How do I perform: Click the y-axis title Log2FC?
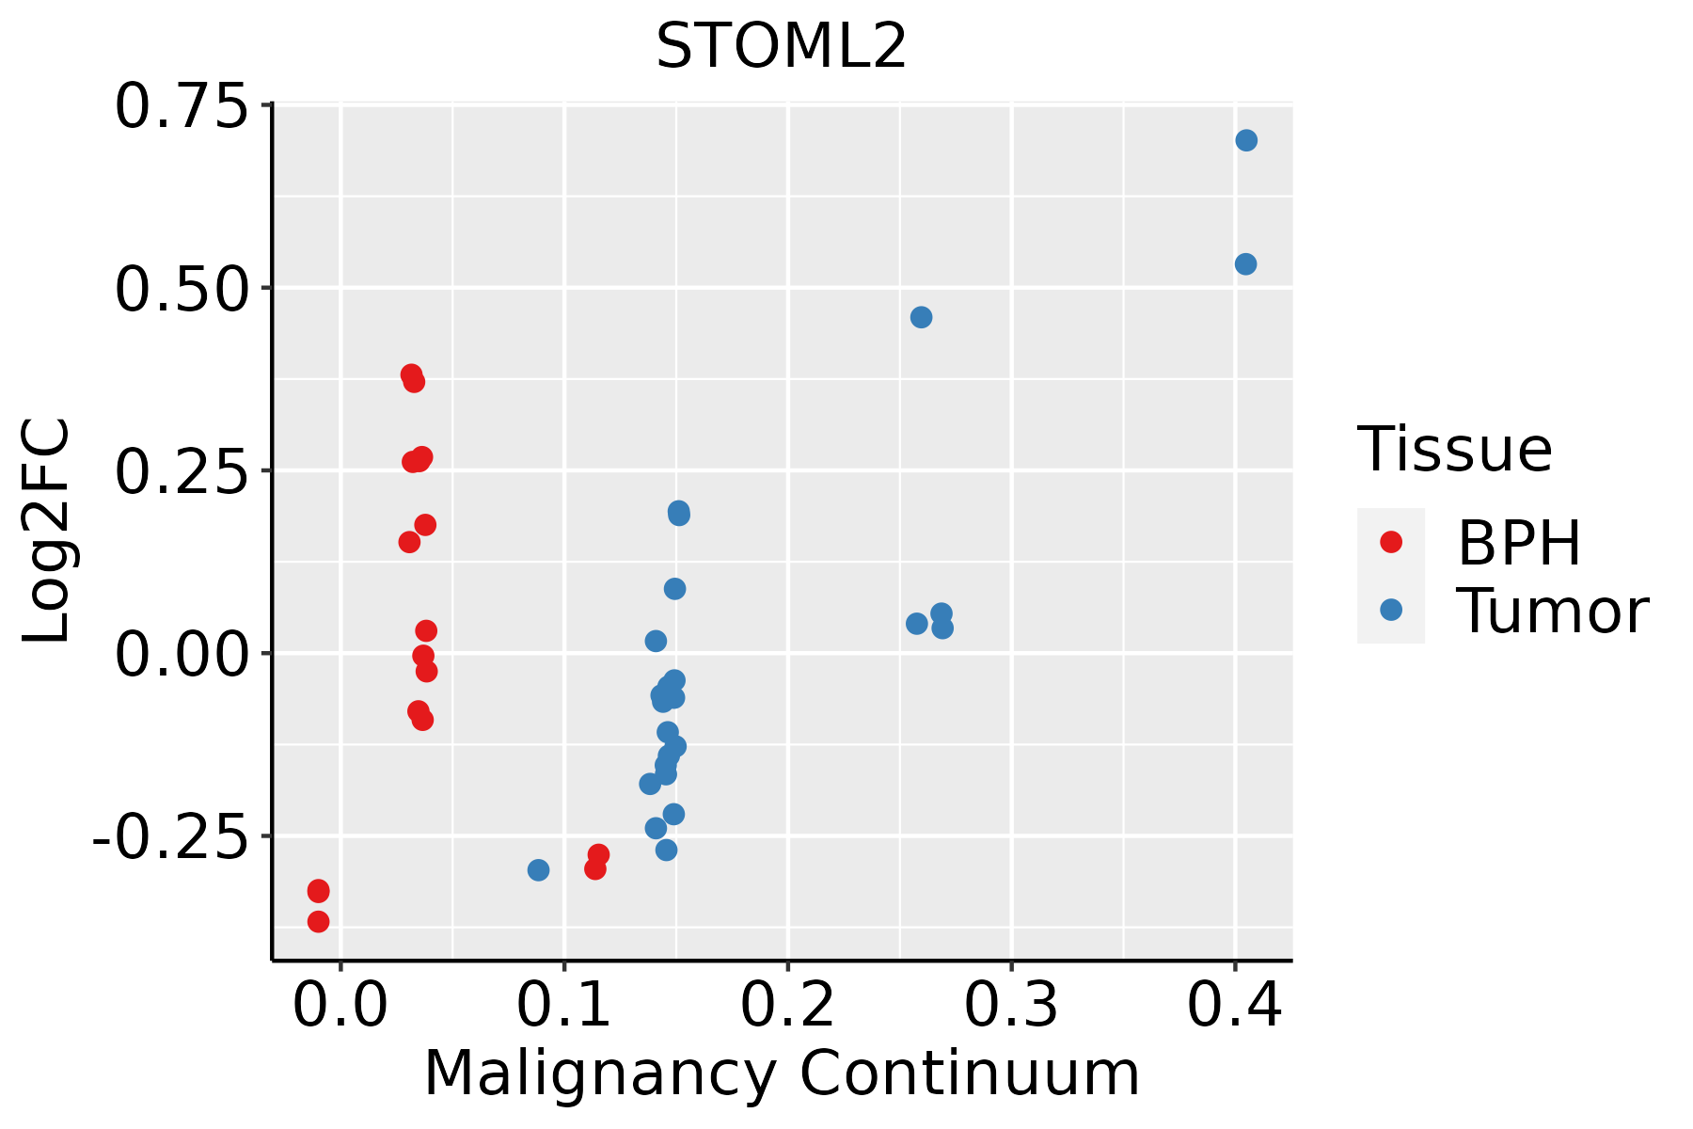coord(47,532)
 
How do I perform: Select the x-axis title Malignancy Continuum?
coord(782,1073)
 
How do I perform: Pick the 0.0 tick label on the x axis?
coord(340,1006)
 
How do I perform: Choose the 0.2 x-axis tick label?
coord(787,1006)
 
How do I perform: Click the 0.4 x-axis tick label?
coord(1234,1006)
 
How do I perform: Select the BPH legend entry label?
coord(1519,543)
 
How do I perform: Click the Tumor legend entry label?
coord(1552,612)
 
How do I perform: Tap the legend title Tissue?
coord(1455,450)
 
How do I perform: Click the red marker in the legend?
coord(1390,542)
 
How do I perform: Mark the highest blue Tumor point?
coord(1246,141)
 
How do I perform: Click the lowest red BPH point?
coord(318,921)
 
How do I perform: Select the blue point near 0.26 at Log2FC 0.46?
coord(921,317)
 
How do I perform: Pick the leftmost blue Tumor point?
coord(538,870)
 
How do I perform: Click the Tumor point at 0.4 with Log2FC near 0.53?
coord(1245,264)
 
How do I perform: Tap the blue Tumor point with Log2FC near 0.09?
coord(674,589)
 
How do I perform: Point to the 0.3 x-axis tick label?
coord(1011,1006)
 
